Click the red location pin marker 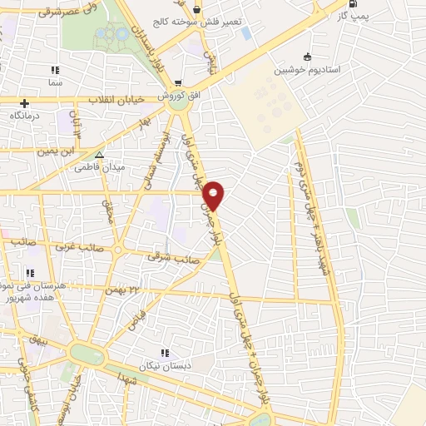[x=214, y=194]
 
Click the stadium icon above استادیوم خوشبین [x=308, y=57]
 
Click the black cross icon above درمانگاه [x=24, y=104]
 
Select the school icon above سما [x=55, y=72]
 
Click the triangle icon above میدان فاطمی [x=99, y=155]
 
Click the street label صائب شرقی [x=167, y=258]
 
